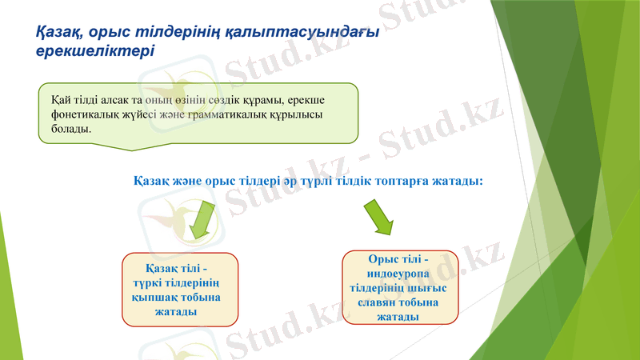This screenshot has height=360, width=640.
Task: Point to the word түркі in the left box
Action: pyautogui.click(x=147, y=282)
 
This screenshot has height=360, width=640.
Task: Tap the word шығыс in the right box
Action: pyautogui.click(x=428, y=289)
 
